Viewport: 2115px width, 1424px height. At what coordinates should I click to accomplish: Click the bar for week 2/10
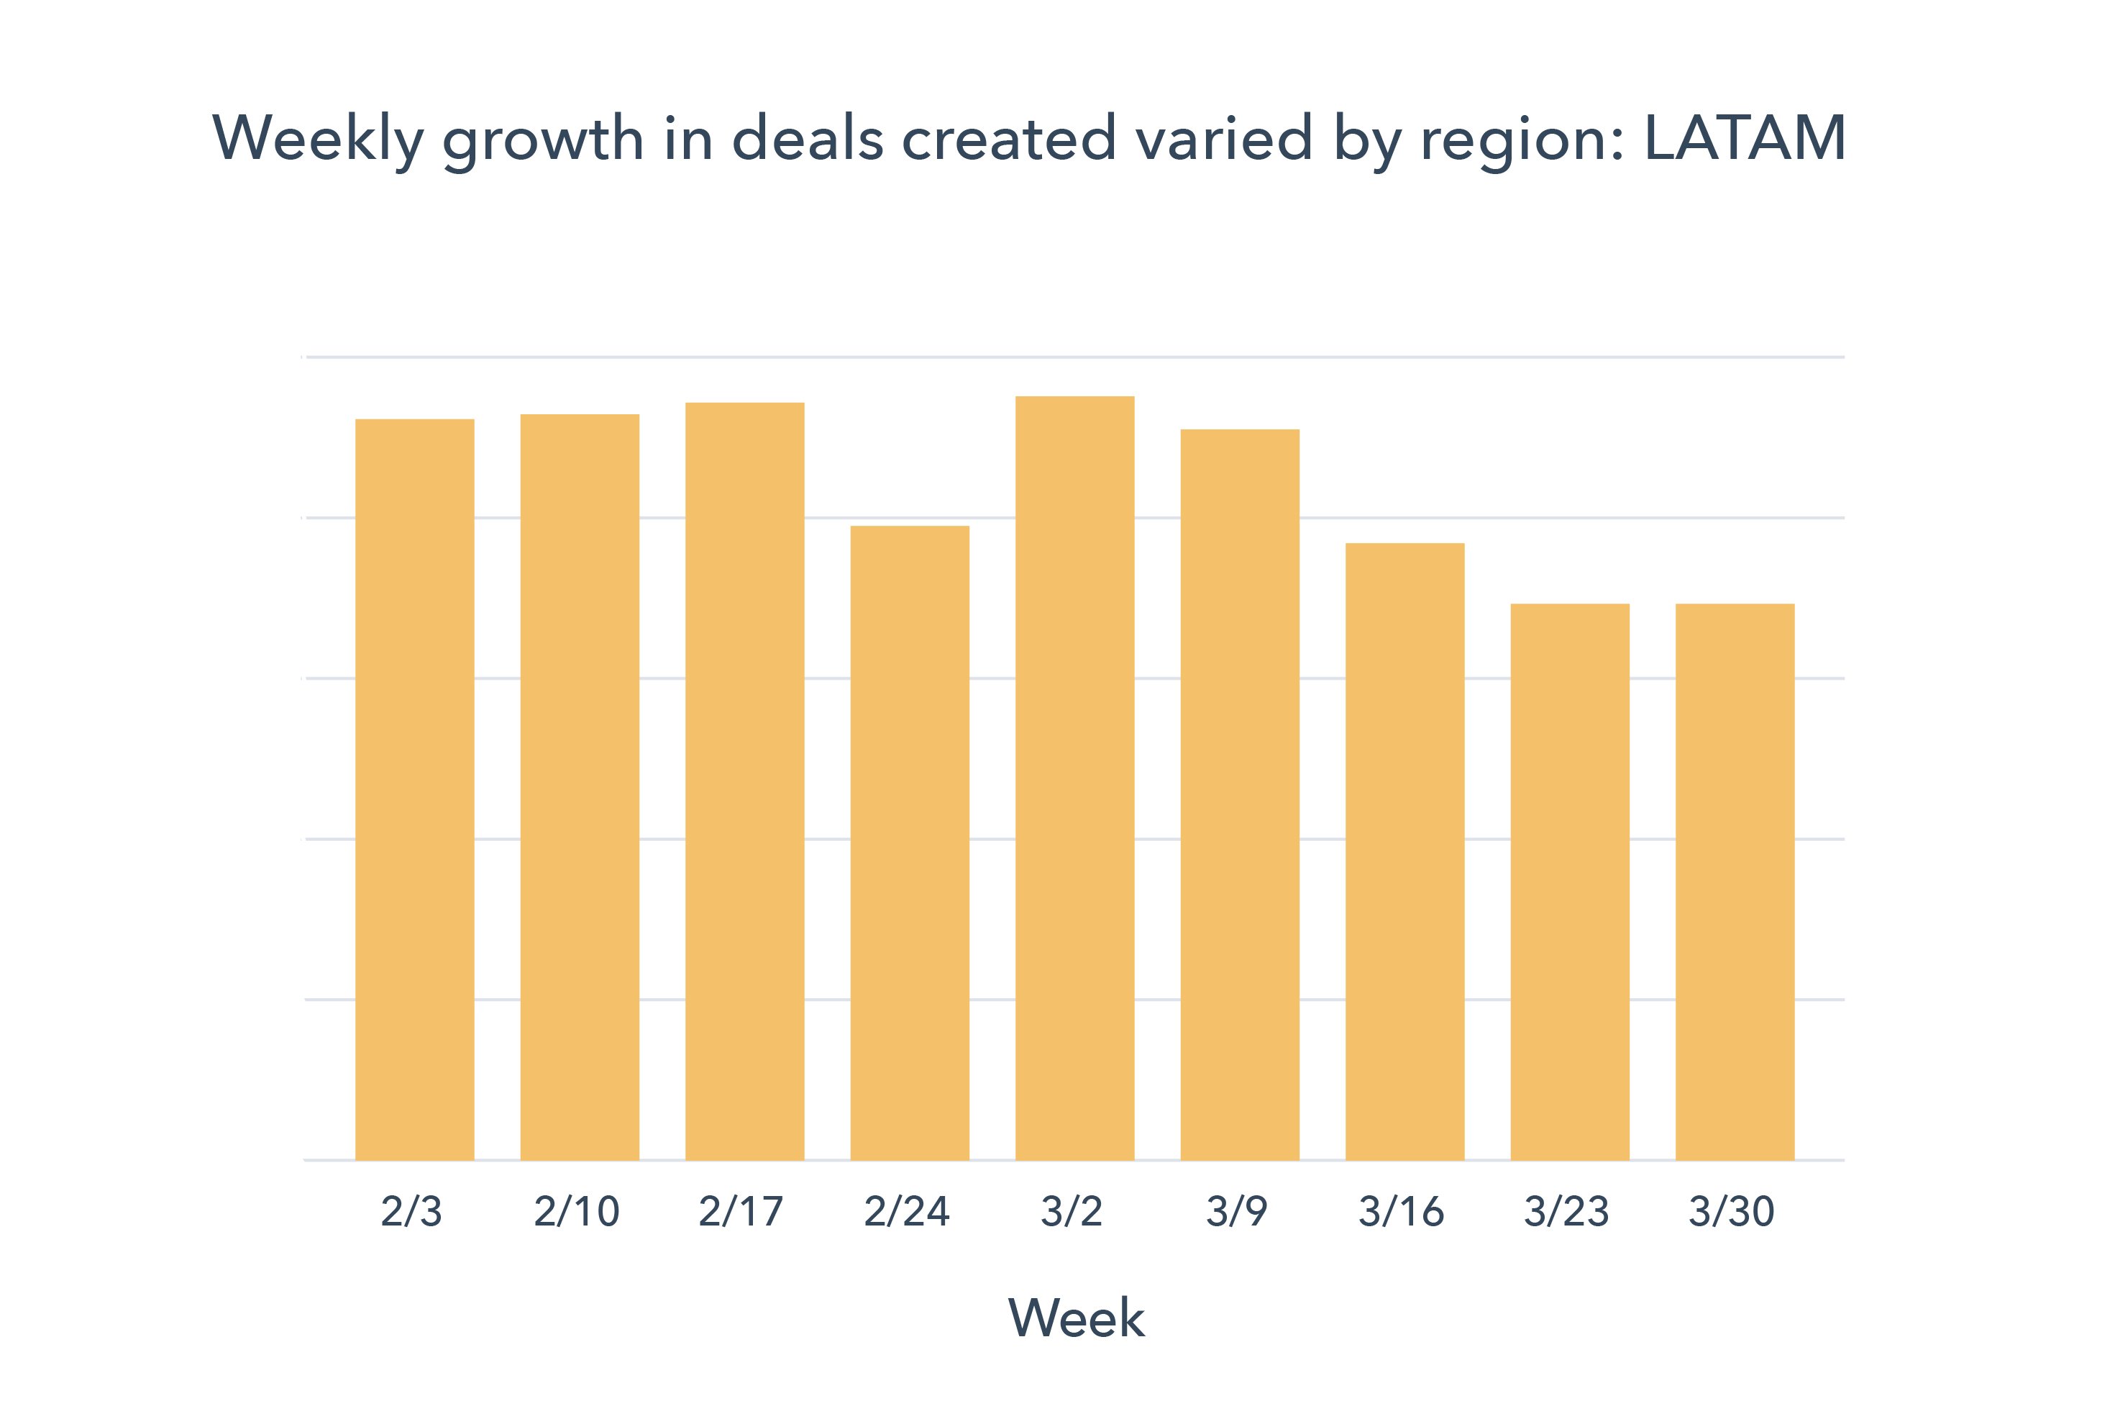tap(580, 787)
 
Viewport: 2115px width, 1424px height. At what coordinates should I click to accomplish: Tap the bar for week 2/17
tap(744, 781)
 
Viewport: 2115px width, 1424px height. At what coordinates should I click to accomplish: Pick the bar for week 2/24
tap(909, 843)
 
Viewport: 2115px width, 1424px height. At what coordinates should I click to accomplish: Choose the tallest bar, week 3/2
tap(1074, 777)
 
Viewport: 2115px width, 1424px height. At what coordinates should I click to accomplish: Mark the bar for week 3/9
tap(1240, 794)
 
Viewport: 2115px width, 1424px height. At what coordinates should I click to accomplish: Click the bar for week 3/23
tap(1569, 881)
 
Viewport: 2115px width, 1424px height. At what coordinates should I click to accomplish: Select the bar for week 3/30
tap(1735, 881)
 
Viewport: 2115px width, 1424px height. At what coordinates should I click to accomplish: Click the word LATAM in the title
tap(1745, 139)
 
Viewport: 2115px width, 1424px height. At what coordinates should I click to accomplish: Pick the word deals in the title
tap(808, 139)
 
